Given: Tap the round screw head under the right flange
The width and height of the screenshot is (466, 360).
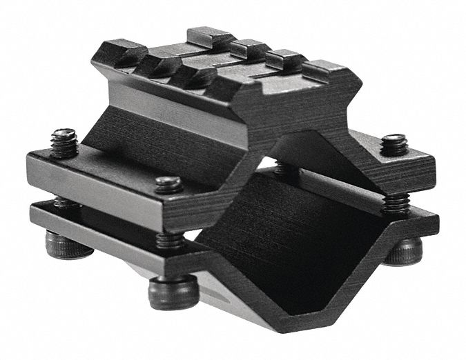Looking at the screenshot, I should [x=404, y=250].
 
